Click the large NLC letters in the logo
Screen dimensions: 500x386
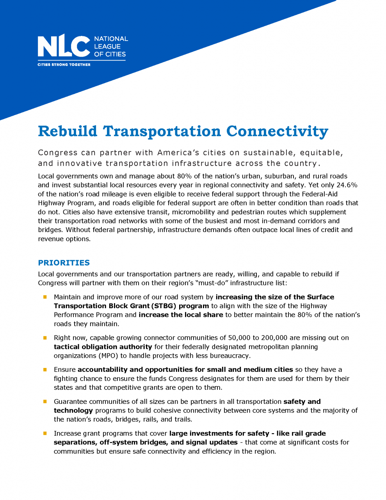(x=64, y=46)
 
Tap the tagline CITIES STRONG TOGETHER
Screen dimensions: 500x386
(x=64, y=64)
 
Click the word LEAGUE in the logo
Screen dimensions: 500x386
(x=107, y=46)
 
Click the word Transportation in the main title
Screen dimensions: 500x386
(x=162, y=131)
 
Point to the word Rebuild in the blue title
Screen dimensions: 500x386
(x=68, y=131)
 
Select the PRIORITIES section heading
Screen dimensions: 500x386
(x=64, y=263)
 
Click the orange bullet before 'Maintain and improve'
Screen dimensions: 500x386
(x=45, y=297)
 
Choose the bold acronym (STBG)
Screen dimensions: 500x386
(x=164, y=306)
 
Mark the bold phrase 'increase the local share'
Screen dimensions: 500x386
(x=181, y=315)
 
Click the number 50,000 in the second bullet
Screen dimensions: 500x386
(x=242, y=338)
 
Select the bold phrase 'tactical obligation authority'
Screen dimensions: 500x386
(x=103, y=347)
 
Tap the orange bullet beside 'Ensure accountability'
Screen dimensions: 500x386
(x=45, y=370)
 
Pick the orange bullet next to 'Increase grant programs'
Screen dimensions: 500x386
(x=45, y=434)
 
